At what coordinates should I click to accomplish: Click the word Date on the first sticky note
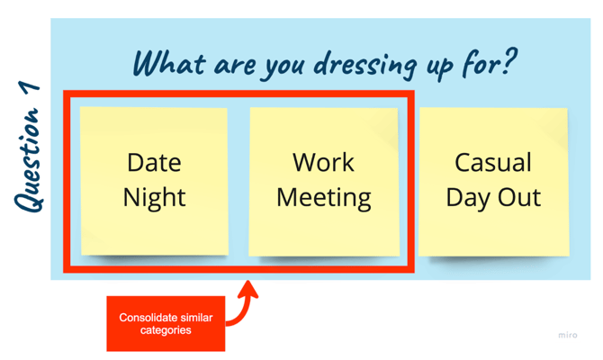(154, 163)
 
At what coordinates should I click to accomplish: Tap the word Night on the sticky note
(154, 196)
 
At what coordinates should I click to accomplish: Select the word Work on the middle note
(323, 163)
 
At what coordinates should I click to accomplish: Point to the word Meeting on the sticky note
(323, 196)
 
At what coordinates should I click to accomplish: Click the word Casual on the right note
(493, 163)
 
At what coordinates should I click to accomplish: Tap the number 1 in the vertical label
(29, 92)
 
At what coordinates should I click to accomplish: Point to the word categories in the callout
(166, 331)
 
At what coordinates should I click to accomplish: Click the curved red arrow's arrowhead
(249, 289)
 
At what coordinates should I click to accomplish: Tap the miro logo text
(567, 336)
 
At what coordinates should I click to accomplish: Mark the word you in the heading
(281, 65)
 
